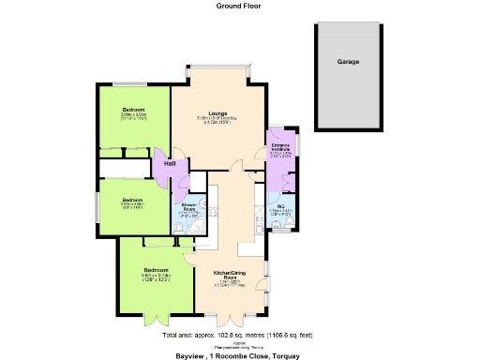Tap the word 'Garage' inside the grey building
[348, 62]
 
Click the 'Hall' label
[170, 164]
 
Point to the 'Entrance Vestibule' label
[281, 148]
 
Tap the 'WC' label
[281, 205]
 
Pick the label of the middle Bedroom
[131, 199]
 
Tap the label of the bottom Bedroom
[155, 269]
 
